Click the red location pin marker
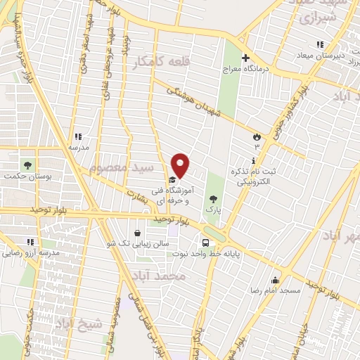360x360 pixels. click(x=181, y=165)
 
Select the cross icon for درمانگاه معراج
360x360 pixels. click(x=245, y=58)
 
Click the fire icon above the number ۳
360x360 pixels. click(x=257, y=136)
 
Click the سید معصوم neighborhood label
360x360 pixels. click(x=117, y=169)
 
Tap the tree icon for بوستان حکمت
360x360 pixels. click(x=27, y=165)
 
